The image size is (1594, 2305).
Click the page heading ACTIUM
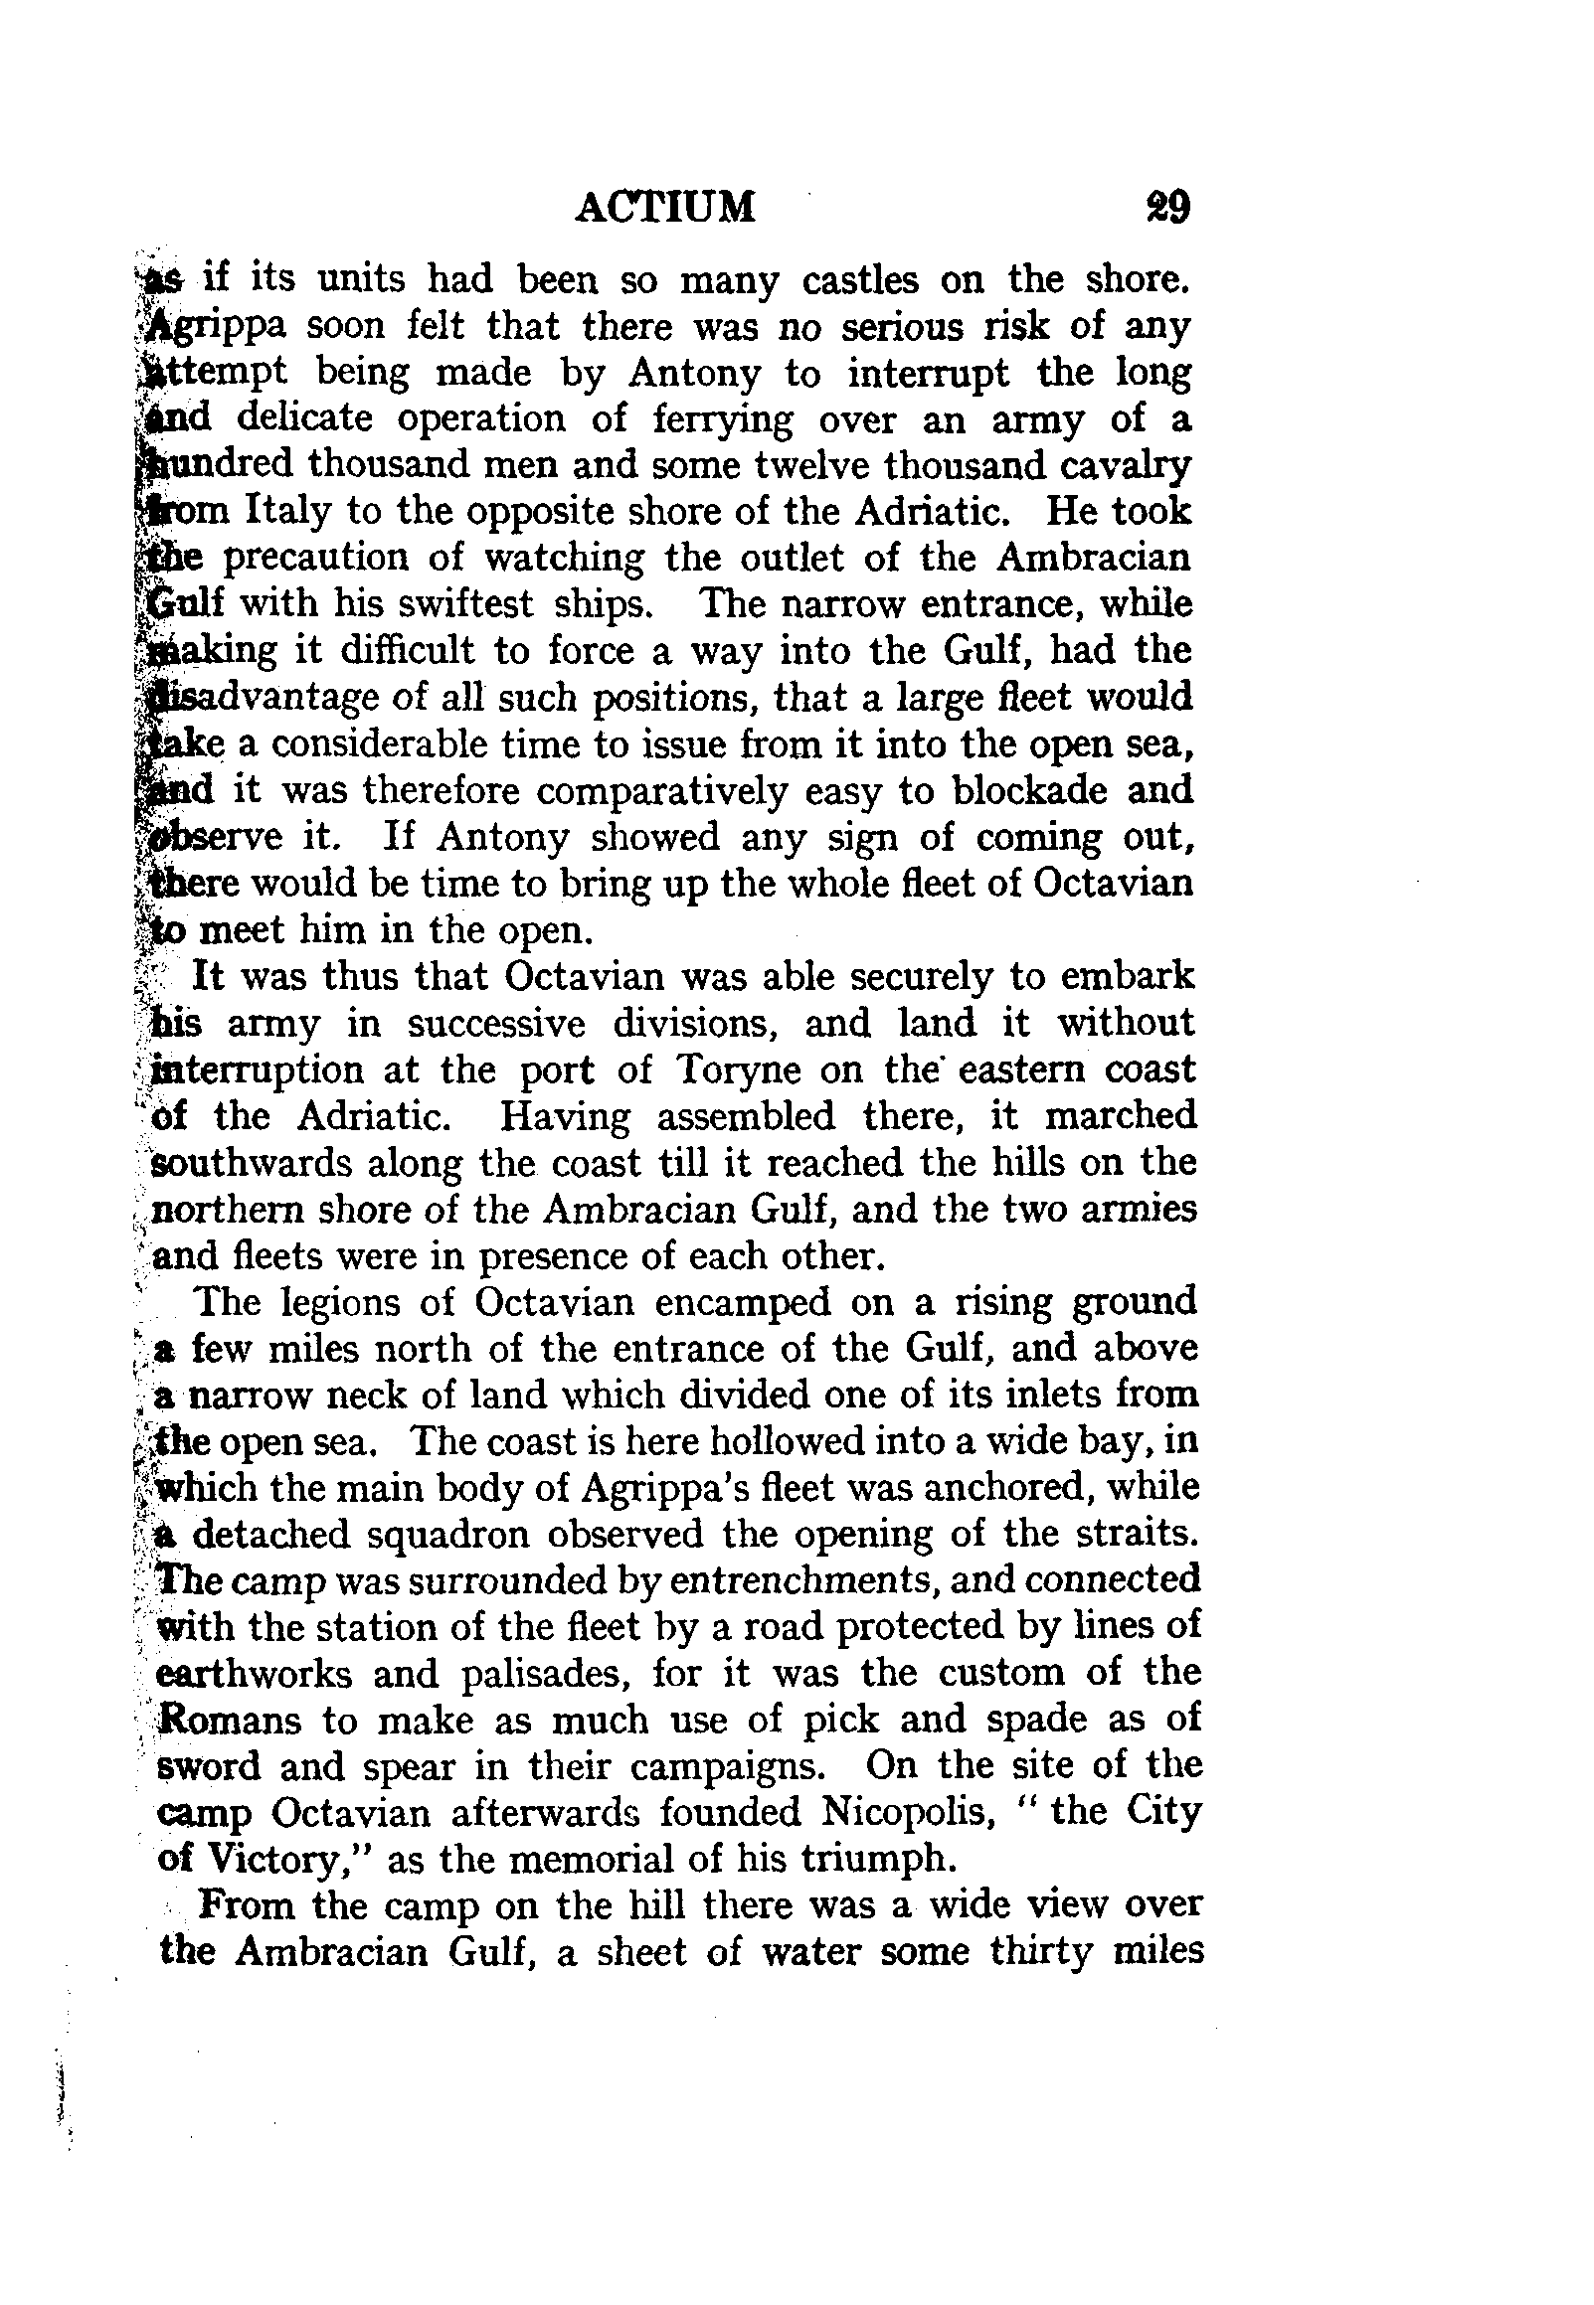coord(666,207)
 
